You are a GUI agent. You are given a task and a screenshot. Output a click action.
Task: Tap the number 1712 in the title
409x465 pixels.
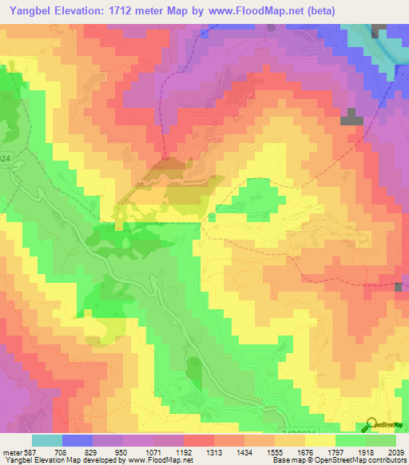pyautogui.click(x=125, y=10)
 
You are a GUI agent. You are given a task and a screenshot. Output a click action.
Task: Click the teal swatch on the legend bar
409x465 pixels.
pyautogui.click(x=47, y=441)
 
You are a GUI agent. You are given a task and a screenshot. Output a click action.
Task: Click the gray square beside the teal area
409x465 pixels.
pyautogui.click(x=379, y=30)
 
